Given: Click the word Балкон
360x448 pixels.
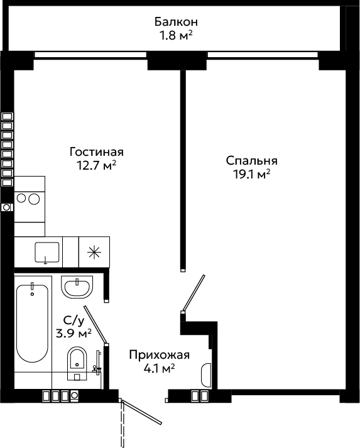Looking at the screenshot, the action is [x=176, y=22].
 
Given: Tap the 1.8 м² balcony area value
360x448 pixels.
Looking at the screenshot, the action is [x=176, y=36].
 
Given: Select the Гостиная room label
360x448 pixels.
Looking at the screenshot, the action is [x=97, y=151].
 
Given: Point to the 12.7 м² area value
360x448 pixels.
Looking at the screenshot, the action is [x=97, y=165].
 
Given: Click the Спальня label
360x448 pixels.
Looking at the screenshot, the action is [x=252, y=161].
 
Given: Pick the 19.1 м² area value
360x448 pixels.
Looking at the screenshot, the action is [x=252, y=174].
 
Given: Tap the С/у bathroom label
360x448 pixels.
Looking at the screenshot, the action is [x=74, y=320].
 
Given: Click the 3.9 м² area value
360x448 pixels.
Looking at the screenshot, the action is [x=74, y=333].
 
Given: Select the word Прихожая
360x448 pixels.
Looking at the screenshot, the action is [x=160, y=355].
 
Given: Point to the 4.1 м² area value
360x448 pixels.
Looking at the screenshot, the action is [x=159, y=369].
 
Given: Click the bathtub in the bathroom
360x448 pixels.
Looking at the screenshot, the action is [x=32, y=323].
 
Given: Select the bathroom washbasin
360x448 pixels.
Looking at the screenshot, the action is [x=77, y=287].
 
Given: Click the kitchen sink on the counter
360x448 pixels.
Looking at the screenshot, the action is [x=47, y=253].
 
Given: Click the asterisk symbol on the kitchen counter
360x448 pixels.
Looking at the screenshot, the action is [x=94, y=252].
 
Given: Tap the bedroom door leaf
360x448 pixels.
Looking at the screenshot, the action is [x=194, y=293].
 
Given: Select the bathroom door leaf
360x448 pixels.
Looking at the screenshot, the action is [x=95, y=325].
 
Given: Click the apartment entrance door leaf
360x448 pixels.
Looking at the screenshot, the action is [x=142, y=412].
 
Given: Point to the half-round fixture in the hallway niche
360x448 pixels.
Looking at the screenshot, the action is [x=206, y=375].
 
